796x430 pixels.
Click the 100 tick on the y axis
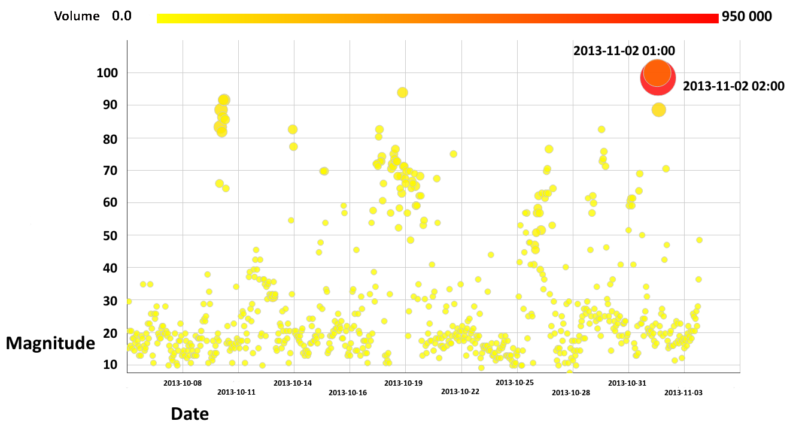(108, 73)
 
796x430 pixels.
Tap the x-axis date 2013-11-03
(683, 393)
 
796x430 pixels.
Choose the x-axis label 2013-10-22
(460, 392)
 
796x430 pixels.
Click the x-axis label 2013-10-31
(627, 383)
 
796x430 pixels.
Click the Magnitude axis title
(51, 343)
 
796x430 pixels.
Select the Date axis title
(190, 413)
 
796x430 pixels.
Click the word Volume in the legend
(77, 16)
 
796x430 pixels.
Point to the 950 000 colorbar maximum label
(747, 16)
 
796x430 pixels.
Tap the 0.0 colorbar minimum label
(121, 16)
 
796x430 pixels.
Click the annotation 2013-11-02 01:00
(624, 51)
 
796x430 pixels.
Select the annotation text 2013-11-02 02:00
(733, 86)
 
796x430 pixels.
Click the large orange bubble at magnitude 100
(657, 72)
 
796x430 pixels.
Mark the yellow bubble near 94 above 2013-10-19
(402, 92)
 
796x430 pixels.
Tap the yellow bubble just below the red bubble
(658, 110)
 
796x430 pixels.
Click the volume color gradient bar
(437, 19)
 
